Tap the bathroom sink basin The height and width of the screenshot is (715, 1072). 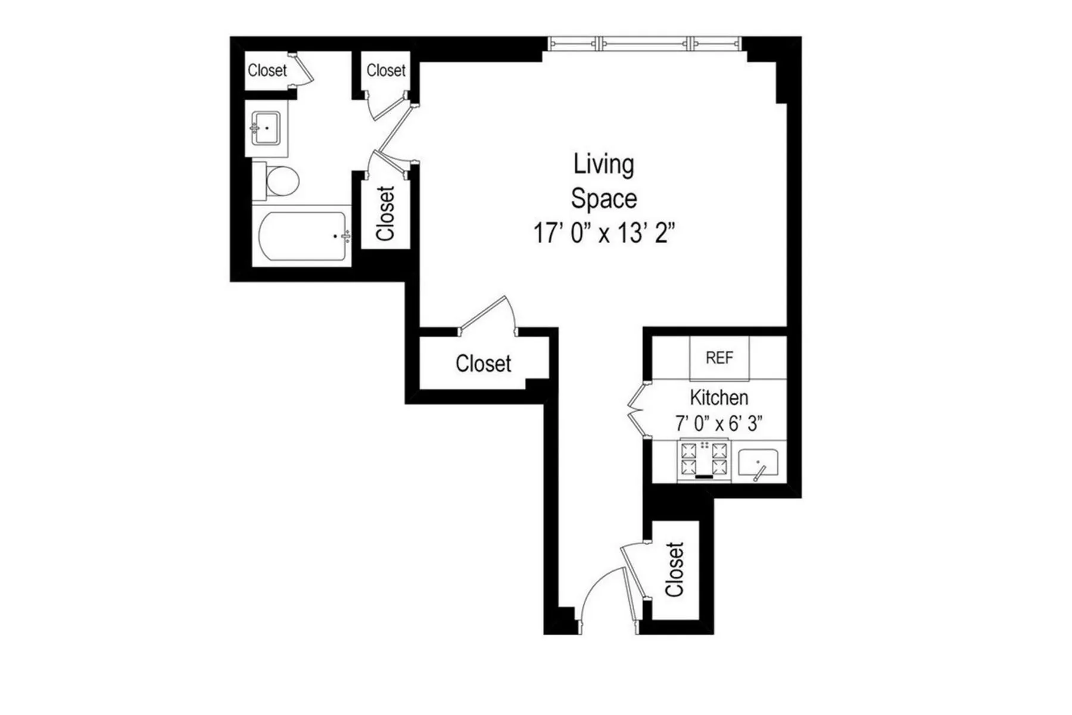[266, 128]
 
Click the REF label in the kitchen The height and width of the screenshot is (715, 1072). [719, 358]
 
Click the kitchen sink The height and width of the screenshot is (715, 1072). [758, 463]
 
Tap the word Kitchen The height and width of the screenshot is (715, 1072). [719, 397]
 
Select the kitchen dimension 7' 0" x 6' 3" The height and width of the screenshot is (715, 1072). [719, 424]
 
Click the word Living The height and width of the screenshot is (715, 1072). [603, 164]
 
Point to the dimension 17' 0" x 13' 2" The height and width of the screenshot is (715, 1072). [604, 233]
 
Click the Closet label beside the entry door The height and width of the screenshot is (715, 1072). [675, 570]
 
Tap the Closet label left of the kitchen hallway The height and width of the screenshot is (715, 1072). [483, 363]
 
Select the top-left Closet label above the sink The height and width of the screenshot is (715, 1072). [267, 70]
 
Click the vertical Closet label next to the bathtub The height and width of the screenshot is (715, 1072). [386, 214]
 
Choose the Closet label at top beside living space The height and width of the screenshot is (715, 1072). [386, 70]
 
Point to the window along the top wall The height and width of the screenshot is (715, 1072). [644, 43]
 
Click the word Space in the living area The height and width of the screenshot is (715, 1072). [603, 199]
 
